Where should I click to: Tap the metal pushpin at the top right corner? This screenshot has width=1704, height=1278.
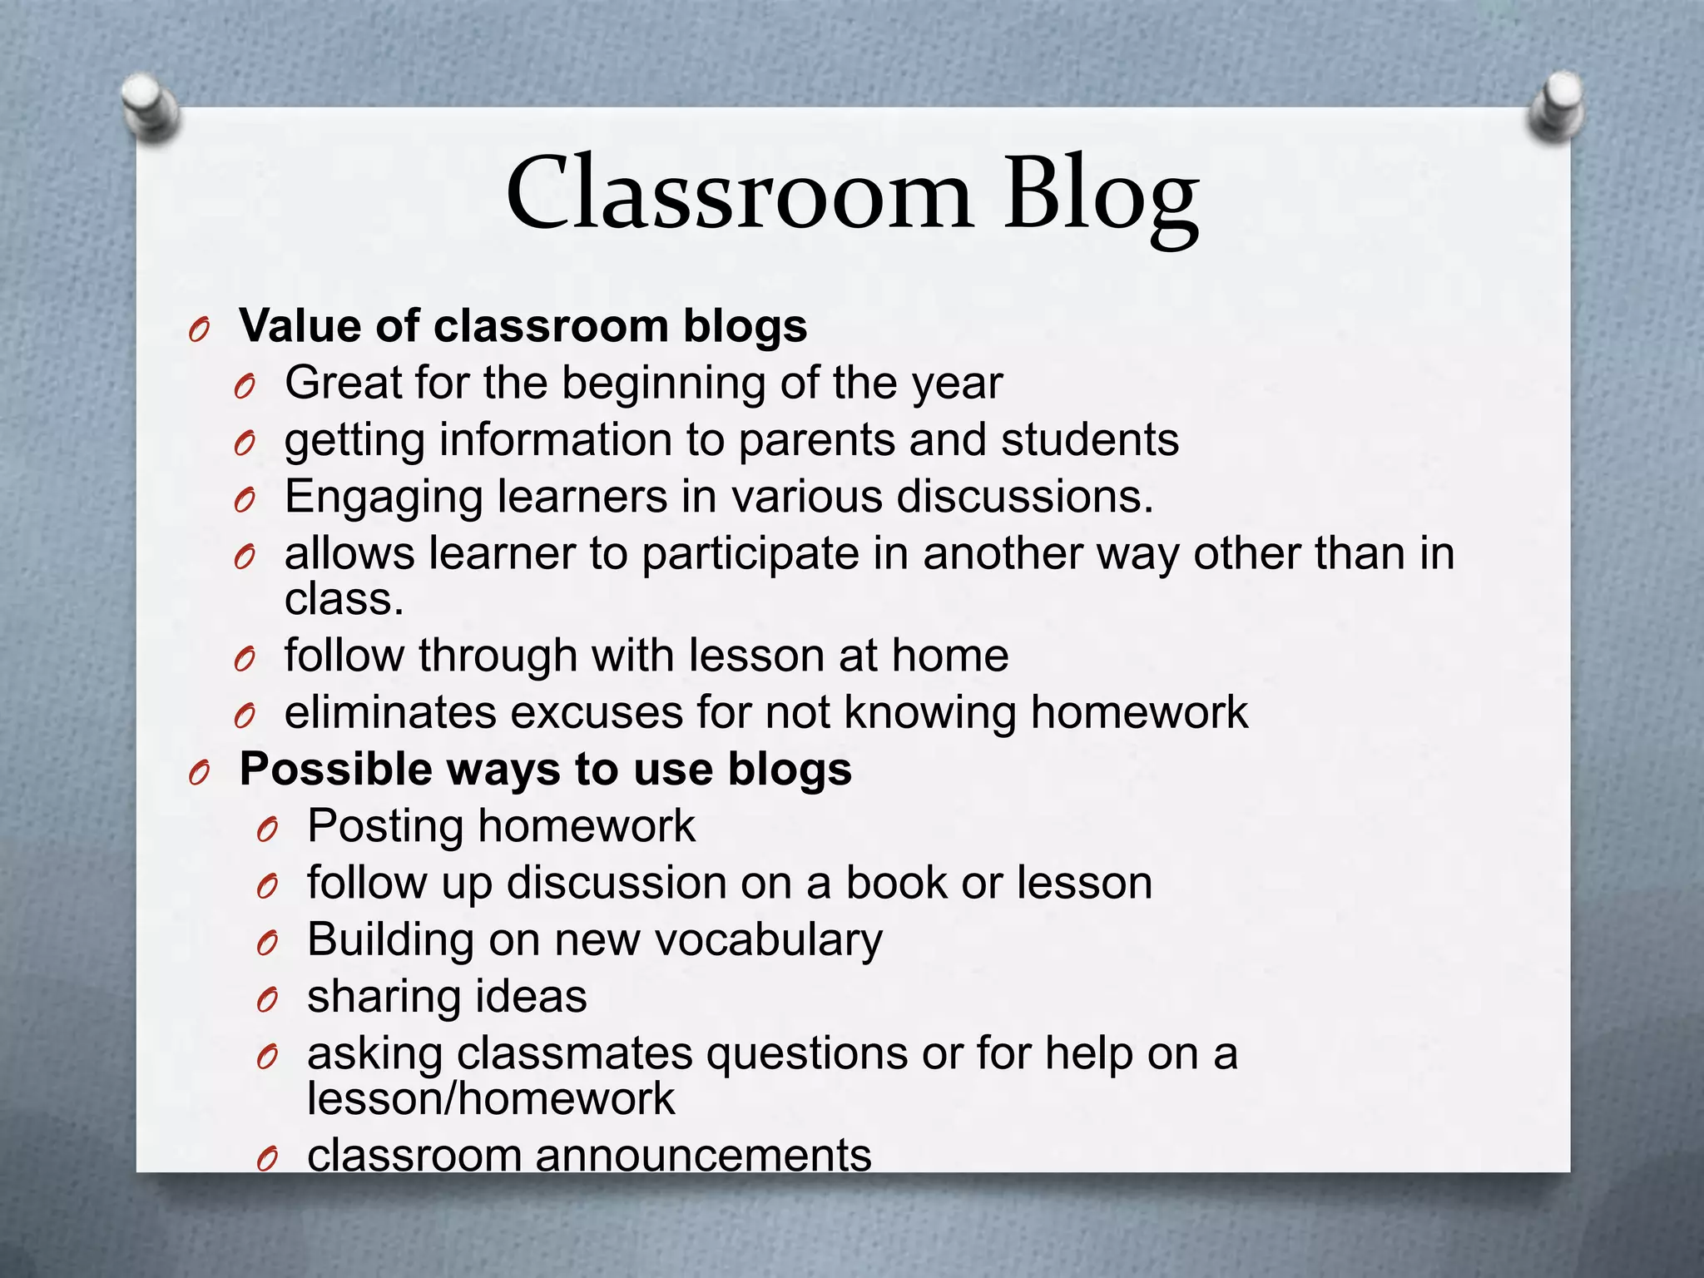(x=1557, y=106)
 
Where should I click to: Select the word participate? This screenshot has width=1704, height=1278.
(x=750, y=555)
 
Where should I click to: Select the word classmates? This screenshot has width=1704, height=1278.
(x=575, y=1053)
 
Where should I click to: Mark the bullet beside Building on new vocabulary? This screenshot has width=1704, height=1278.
(x=266, y=944)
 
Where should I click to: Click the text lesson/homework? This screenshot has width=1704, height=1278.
(x=491, y=1099)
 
